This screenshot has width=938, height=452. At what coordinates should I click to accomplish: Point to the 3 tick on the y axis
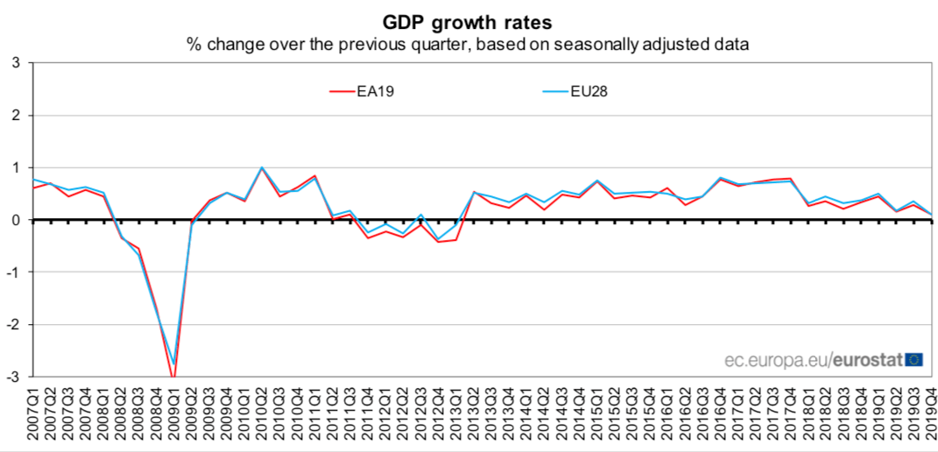16,63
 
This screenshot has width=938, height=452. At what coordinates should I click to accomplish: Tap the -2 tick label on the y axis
14,325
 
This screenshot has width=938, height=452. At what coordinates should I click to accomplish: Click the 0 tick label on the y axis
16,221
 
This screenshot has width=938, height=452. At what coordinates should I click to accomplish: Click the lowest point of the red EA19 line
173,376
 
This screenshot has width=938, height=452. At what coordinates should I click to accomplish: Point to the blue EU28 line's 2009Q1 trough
173,364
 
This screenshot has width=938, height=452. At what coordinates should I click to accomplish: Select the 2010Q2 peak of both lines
262,167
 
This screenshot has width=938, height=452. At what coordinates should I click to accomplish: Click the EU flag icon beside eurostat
913,358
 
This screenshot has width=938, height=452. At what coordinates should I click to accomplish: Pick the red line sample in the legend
340,89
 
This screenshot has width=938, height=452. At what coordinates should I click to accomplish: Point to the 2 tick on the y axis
16,116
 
